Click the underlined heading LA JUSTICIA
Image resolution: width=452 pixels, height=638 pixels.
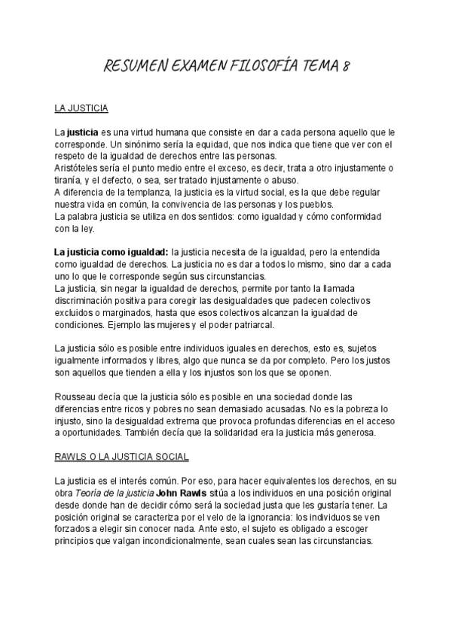(x=81, y=108)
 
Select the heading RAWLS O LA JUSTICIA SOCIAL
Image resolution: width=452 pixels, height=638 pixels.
(x=121, y=456)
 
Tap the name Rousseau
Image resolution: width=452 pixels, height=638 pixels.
(x=75, y=396)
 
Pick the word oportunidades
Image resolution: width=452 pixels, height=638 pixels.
(x=97, y=432)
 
